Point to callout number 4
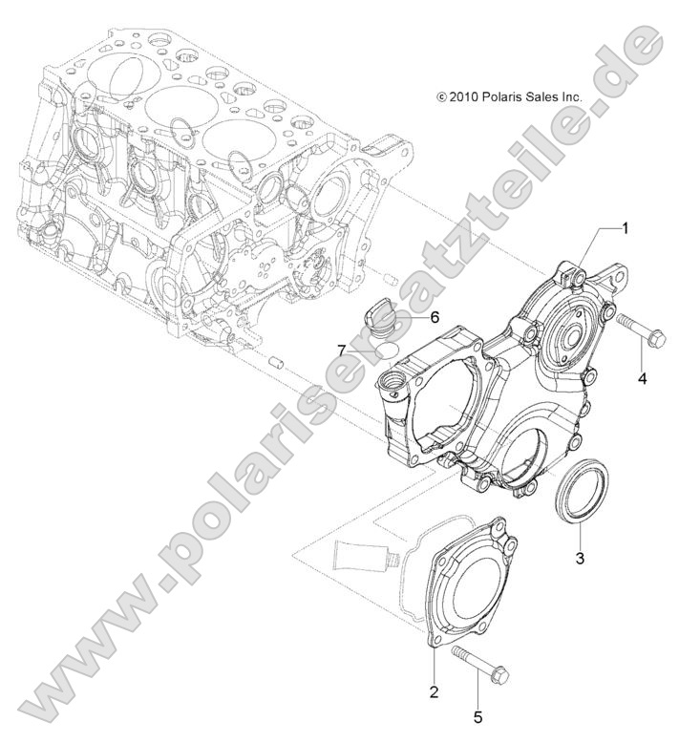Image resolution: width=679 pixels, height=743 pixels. (x=642, y=379)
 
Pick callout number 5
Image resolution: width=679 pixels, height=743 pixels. (x=478, y=714)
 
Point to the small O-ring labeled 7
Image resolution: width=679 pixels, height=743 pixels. (x=388, y=350)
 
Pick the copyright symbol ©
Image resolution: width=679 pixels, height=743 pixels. (x=441, y=96)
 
